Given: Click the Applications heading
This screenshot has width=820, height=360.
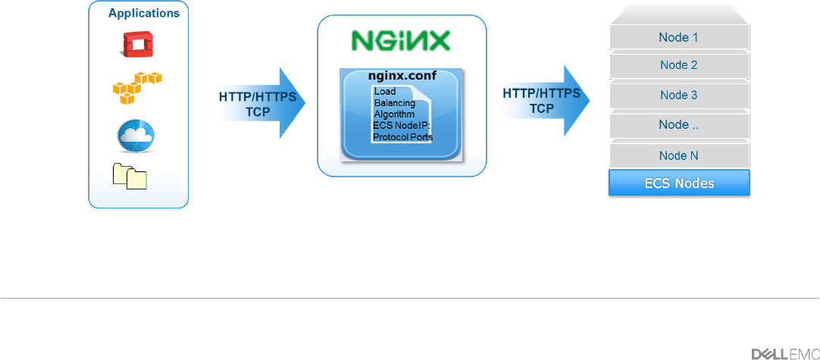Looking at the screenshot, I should [144, 13].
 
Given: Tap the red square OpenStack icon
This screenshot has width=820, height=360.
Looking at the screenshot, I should [138, 45].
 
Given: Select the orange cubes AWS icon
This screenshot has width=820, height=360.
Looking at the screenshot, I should [137, 88].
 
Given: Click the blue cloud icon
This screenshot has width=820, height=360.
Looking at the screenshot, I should [136, 135].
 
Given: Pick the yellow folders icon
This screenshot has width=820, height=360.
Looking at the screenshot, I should [129, 176].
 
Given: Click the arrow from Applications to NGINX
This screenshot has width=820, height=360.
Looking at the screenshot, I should [261, 103].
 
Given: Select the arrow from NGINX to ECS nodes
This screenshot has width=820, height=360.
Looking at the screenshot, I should [545, 102].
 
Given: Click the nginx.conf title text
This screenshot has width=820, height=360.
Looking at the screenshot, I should [402, 77].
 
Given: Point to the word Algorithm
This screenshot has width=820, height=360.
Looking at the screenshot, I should [394, 114].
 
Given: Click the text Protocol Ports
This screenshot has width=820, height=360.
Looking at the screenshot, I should [402, 137].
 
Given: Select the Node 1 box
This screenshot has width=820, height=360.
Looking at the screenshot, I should [678, 37].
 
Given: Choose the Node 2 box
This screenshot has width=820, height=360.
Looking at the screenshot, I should [678, 65].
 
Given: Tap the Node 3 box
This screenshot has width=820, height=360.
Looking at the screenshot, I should [678, 95].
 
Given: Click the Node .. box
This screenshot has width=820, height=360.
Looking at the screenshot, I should [678, 126].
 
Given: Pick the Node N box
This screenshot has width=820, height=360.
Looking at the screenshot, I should [678, 155].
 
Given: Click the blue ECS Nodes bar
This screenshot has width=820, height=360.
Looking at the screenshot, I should [678, 183].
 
